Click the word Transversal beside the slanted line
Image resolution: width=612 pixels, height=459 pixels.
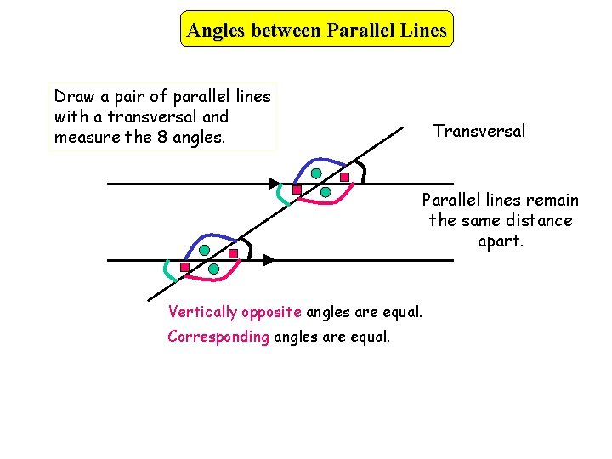pos(479,131)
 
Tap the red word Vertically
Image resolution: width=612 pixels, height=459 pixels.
pos(203,311)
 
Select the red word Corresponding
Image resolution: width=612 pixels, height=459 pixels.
pos(218,336)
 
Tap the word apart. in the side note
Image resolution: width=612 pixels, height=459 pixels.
pos(500,241)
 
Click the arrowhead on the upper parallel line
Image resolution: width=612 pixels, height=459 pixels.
pos(275,184)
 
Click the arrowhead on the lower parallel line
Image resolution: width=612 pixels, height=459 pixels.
pos(268,258)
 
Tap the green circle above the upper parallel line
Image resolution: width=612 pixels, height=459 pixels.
pos(316,173)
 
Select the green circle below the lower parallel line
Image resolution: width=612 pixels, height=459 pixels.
pos(213,269)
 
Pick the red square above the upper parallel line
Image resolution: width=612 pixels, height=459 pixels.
pos(345,178)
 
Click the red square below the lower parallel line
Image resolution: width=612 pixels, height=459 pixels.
pos(184,267)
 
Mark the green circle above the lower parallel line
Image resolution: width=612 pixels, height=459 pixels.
pos(205,250)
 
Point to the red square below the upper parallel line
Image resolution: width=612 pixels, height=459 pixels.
pos(297,190)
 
